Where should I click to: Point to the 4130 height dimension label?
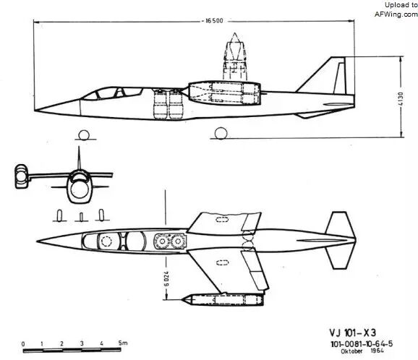pos(401,99)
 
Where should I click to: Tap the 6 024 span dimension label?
pos(166,279)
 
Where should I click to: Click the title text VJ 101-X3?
pos(353,333)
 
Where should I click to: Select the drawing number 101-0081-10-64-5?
pos(362,344)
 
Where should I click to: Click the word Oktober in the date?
pos(351,351)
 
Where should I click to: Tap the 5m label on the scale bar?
pos(123,343)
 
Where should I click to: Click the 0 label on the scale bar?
pos(23,344)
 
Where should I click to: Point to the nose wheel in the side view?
pos(84,135)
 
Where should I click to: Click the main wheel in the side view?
pos(221,133)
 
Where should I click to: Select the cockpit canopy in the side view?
pos(112,93)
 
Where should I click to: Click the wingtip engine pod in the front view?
pos(21,176)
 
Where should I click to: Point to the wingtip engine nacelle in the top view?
pos(223,299)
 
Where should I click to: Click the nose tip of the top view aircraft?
pos(37,241)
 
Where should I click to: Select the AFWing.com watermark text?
pos(396,14)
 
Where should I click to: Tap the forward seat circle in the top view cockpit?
pos(106,241)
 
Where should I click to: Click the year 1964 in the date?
pos(378,351)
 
